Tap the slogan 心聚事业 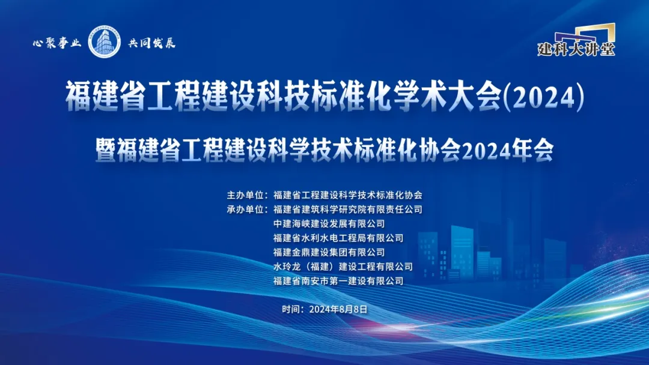point(56,43)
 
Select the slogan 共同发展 point(152,43)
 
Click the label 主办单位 point(246,195)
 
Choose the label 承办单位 point(246,210)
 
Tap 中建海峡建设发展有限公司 point(329,224)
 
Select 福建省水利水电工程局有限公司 point(338,238)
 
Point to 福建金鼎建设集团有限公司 point(329,252)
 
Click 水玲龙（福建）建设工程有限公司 point(343,267)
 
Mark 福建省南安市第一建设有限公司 point(338,280)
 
